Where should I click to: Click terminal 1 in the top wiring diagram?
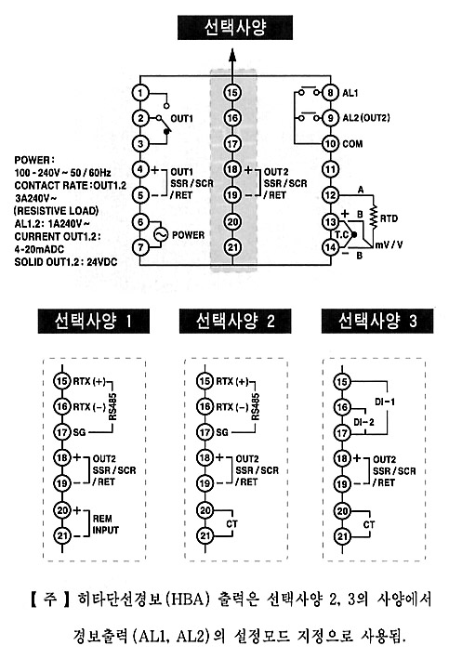[x=140, y=92]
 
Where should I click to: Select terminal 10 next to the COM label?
[x=330, y=144]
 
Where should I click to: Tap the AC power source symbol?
[x=161, y=235]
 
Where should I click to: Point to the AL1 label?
[x=350, y=92]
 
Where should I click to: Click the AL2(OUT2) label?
[x=366, y=118]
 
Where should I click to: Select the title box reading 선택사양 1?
[x=94, y=322]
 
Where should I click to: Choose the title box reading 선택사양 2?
[x=235, y=322]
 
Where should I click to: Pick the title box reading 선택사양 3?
[x=377, y=322]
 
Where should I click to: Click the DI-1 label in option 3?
[x=385, y=402]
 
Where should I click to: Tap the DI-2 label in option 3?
[x=363, y=422]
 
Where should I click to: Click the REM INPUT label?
[x=106, y=524]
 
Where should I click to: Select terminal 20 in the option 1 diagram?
[x=62, y=510]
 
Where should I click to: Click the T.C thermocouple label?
[x=342, y=234]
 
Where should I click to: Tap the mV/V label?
[x=389, y=244]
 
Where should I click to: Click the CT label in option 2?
[x=232, y=524]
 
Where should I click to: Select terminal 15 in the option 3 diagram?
[x=342, y=382]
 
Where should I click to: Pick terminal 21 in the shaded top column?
[x=232, y=247]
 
